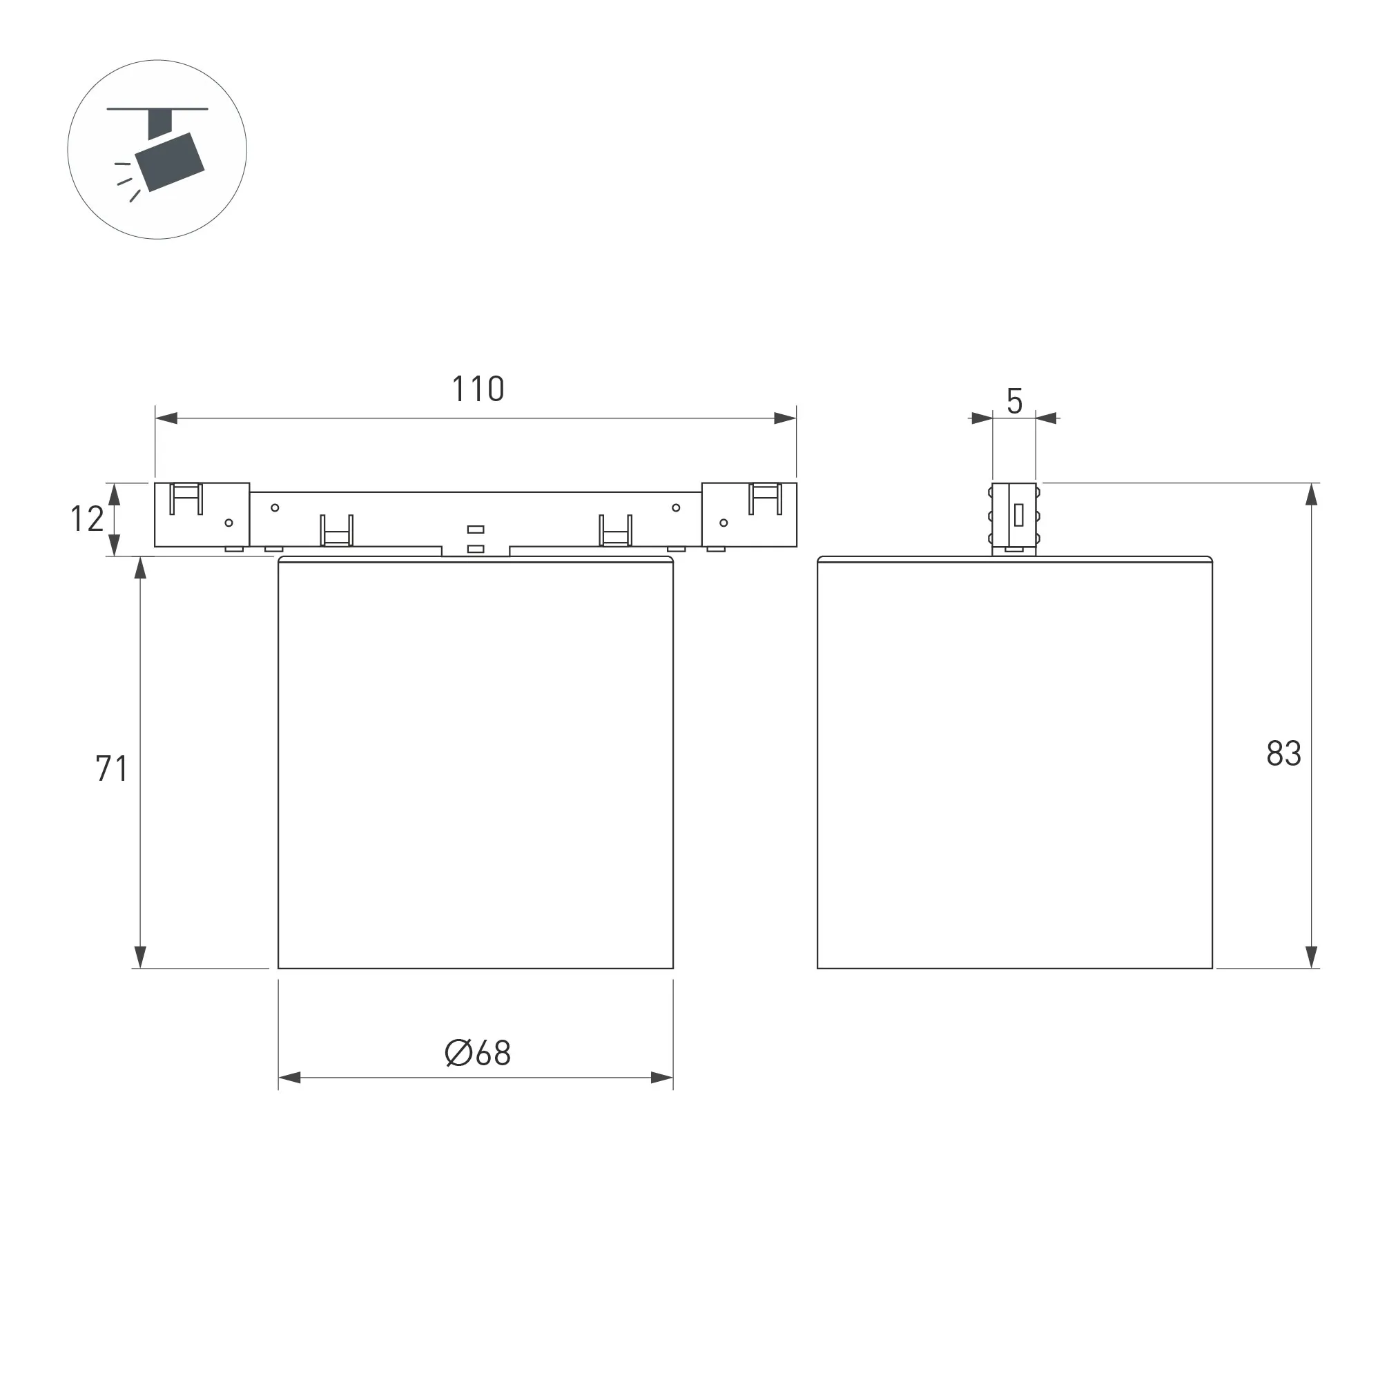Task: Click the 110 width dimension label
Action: coord(478,389)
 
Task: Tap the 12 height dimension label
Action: coord(87,518)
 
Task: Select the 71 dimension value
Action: coord(112,768)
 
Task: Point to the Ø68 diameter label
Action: coord(478,1053)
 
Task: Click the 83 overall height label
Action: coord(1284,753)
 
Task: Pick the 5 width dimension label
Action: coord(1014,401)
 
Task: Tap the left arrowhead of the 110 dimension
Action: coord(166,418)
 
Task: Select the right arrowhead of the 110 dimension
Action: coord(785,418)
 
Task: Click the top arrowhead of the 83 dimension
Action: coord(1311,494)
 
